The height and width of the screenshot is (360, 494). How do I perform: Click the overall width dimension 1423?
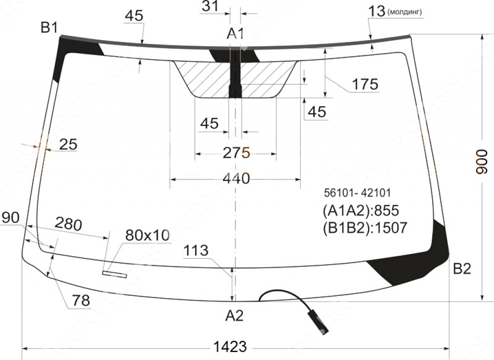(230, 347)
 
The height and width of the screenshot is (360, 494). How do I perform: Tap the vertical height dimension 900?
(481, 162)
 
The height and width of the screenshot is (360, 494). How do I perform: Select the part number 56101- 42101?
(357, 193)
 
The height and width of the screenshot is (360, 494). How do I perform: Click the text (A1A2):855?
(361, 210)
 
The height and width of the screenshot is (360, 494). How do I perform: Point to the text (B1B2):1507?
(365, 228)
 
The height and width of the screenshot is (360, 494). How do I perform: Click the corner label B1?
(50, 28)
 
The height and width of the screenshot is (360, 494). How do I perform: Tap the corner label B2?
(462, 269)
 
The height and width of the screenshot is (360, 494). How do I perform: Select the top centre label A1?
(235, 33)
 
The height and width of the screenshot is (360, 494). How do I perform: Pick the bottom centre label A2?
(234, 315)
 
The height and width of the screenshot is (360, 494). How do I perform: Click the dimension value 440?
(236, 179)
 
